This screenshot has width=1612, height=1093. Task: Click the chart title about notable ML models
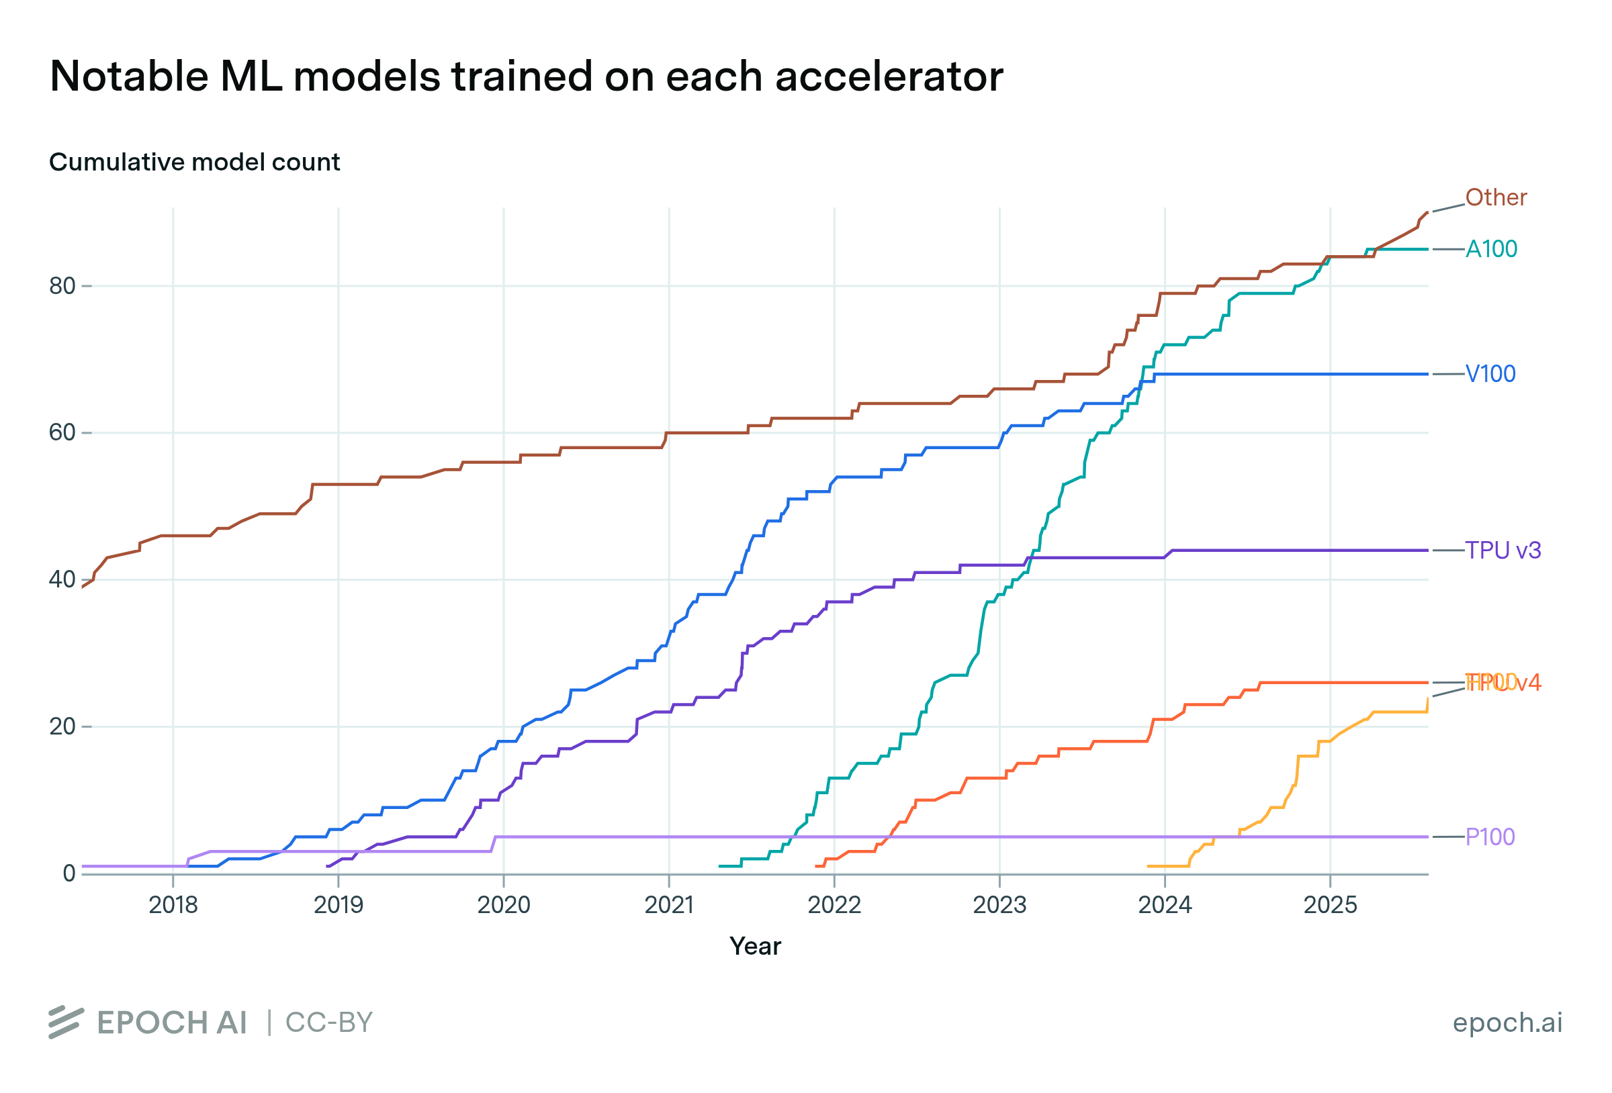point(526,76)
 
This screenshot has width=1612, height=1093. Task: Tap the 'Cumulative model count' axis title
point(194,162)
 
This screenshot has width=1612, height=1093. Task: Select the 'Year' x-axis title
point(755,946)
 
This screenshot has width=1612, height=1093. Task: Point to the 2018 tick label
point(173,905)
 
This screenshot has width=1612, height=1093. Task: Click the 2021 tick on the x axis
point(669,905)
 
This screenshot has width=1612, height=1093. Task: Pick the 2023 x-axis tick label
point(999,905)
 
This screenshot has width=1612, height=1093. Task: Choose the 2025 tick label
point(1330,905)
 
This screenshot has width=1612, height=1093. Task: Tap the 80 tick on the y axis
point(62,286)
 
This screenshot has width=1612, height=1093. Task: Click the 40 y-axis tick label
point(62,580)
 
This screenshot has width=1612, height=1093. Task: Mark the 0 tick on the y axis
point(69,873)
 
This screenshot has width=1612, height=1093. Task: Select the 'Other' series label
point(1496,197)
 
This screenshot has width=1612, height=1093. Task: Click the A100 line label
point(1490,249)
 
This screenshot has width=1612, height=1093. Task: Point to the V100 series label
point(1490,374)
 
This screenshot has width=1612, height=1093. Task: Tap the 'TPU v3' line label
point(1503,550)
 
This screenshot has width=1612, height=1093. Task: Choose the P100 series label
point(1489,837)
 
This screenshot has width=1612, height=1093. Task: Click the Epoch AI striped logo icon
point(66,1023)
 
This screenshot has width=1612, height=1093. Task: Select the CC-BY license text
point(329,1023)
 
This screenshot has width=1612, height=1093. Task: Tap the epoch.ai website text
point(1507,1023)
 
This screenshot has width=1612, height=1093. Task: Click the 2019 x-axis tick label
point(338,905)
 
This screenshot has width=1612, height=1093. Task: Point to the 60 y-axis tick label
point(62,433)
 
